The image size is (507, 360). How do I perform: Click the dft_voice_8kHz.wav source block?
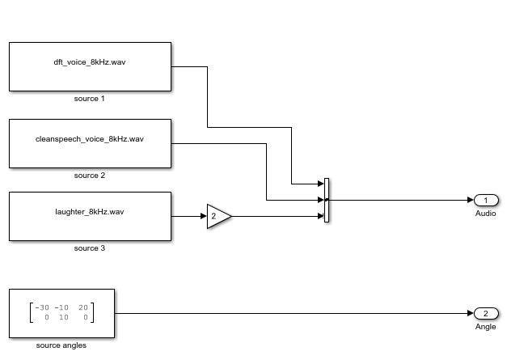click(90, 66)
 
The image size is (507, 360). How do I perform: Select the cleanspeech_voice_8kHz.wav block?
click(90, 143)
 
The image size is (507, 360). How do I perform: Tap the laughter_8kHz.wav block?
click(90, 216)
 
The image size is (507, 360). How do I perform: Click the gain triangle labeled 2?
click(218, 216)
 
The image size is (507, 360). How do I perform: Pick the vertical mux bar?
click(326, 200)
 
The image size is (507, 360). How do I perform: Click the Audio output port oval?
click(486, 200)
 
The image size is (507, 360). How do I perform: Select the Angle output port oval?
click(486, 313)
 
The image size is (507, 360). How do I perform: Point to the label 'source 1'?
click(90, 99)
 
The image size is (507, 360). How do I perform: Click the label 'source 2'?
click(90, 176)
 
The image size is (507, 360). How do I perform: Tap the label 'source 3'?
click(90, 248)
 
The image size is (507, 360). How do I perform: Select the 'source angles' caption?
click(61, 345)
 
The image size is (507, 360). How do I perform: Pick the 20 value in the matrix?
click(83, 307)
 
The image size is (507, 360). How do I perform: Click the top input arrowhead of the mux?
click(320, 184)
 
